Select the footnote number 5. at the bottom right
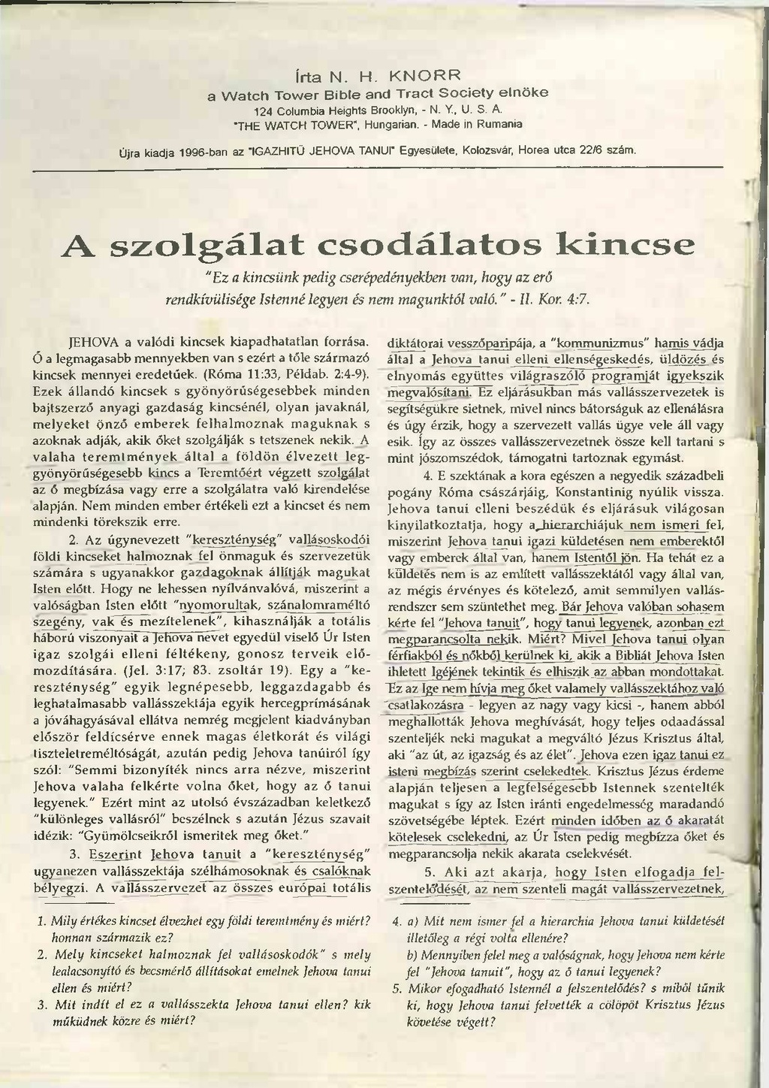point(398,989)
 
